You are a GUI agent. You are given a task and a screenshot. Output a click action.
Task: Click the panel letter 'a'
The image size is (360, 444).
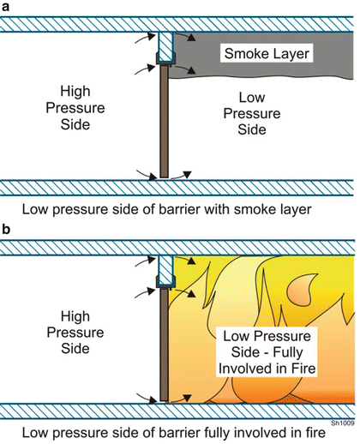[x=7, y=8]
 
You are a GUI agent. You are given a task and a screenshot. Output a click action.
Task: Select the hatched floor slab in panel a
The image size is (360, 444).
[x=180, y=189]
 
